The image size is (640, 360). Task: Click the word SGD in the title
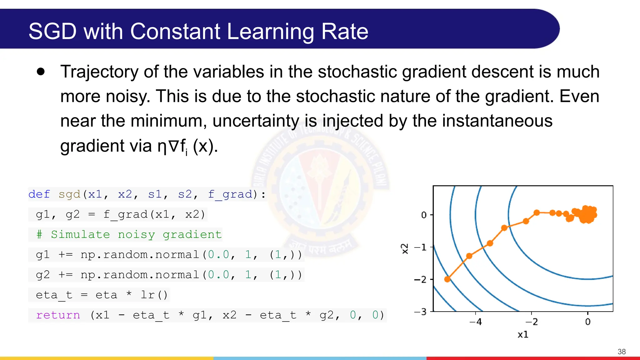[x=52, y=31]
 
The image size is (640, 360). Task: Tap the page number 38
[x=622, y=352]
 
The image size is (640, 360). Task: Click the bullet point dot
[x=41, y=72]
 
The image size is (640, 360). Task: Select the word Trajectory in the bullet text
[x=99, y=72]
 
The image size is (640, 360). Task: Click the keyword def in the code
[x=39, y=194]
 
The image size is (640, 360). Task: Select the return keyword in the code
[x=58, y=315]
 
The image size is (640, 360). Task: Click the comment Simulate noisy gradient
[x=136, y=234]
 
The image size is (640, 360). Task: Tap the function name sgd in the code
[x=69, y=194]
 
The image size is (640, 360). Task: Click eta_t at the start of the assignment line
[x=54, y=295]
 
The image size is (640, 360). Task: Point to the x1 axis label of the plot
[x=523, y=334]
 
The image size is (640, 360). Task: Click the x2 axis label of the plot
[x=405, y=249]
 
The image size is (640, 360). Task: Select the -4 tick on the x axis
[x=476, y=322]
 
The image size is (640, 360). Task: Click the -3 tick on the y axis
[x=421, y=312]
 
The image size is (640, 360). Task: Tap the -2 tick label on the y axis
[x=421, y=279]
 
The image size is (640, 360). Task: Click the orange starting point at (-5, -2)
[x=447, y=279]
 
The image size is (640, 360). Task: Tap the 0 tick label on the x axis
[x=588, y=322]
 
